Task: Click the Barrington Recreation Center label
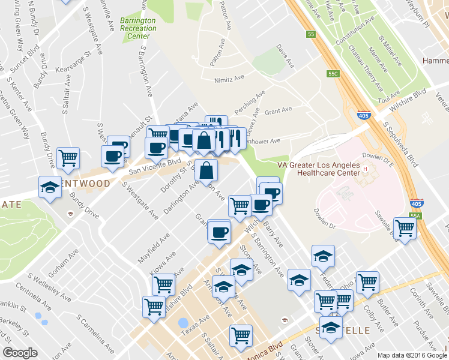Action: pos(137,28)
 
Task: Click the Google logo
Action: pos(20,353)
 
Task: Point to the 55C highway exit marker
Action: pos(334,74)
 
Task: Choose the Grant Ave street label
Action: pos(278,110)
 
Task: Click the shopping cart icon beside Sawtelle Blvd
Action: pos(405,228)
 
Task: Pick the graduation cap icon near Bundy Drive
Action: pos(50,187)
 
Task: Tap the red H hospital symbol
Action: pos(364,169)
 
